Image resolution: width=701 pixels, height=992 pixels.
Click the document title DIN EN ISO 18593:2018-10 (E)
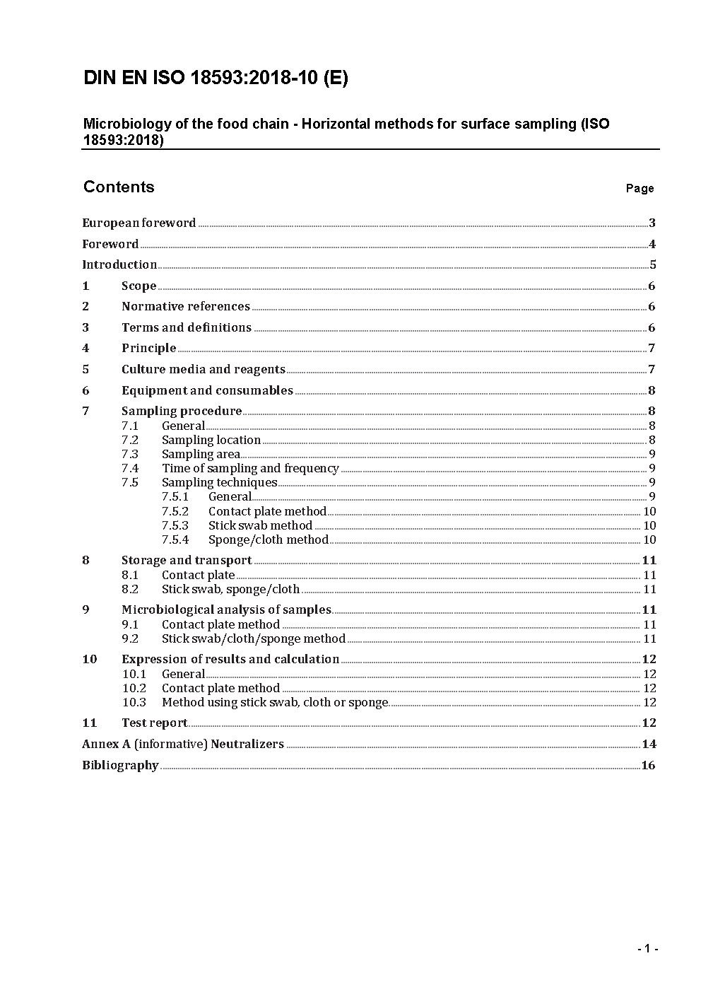[x=216, y=78]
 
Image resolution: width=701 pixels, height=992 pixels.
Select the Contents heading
[x=119, y=187]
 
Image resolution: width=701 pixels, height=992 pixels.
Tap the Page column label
[x=640, y=188]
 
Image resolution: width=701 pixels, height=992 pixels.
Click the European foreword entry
[x=139, y=223]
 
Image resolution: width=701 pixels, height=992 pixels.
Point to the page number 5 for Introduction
[x=653, y=265]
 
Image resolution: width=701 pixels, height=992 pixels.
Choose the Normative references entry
[x=186, y=306]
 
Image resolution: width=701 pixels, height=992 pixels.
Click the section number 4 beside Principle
[x=86, y=348]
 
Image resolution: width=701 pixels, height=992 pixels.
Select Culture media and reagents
[x=204, y=369]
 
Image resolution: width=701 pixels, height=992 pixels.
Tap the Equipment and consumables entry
[x=207, y=390]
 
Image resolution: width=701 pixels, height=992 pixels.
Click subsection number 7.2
[x=130, y=440]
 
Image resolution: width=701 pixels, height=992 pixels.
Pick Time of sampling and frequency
[x=250, y=468]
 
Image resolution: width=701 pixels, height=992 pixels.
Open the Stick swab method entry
[x=260, y=525]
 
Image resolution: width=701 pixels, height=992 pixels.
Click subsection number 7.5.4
[x=175, y=539]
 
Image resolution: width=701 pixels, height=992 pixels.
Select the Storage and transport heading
[x=187, y=560]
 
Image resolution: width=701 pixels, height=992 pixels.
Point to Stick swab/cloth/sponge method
[x=254, y=638]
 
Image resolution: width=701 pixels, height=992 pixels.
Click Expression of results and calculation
[x=230, y=659]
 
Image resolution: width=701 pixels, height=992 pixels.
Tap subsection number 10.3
[x=134, y=702]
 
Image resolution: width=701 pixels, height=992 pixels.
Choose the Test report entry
[x=155, y=723]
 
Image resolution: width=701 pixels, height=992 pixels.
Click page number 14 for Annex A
[x=649, y=744]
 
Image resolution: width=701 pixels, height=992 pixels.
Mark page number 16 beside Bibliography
[x=648, y=765]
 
